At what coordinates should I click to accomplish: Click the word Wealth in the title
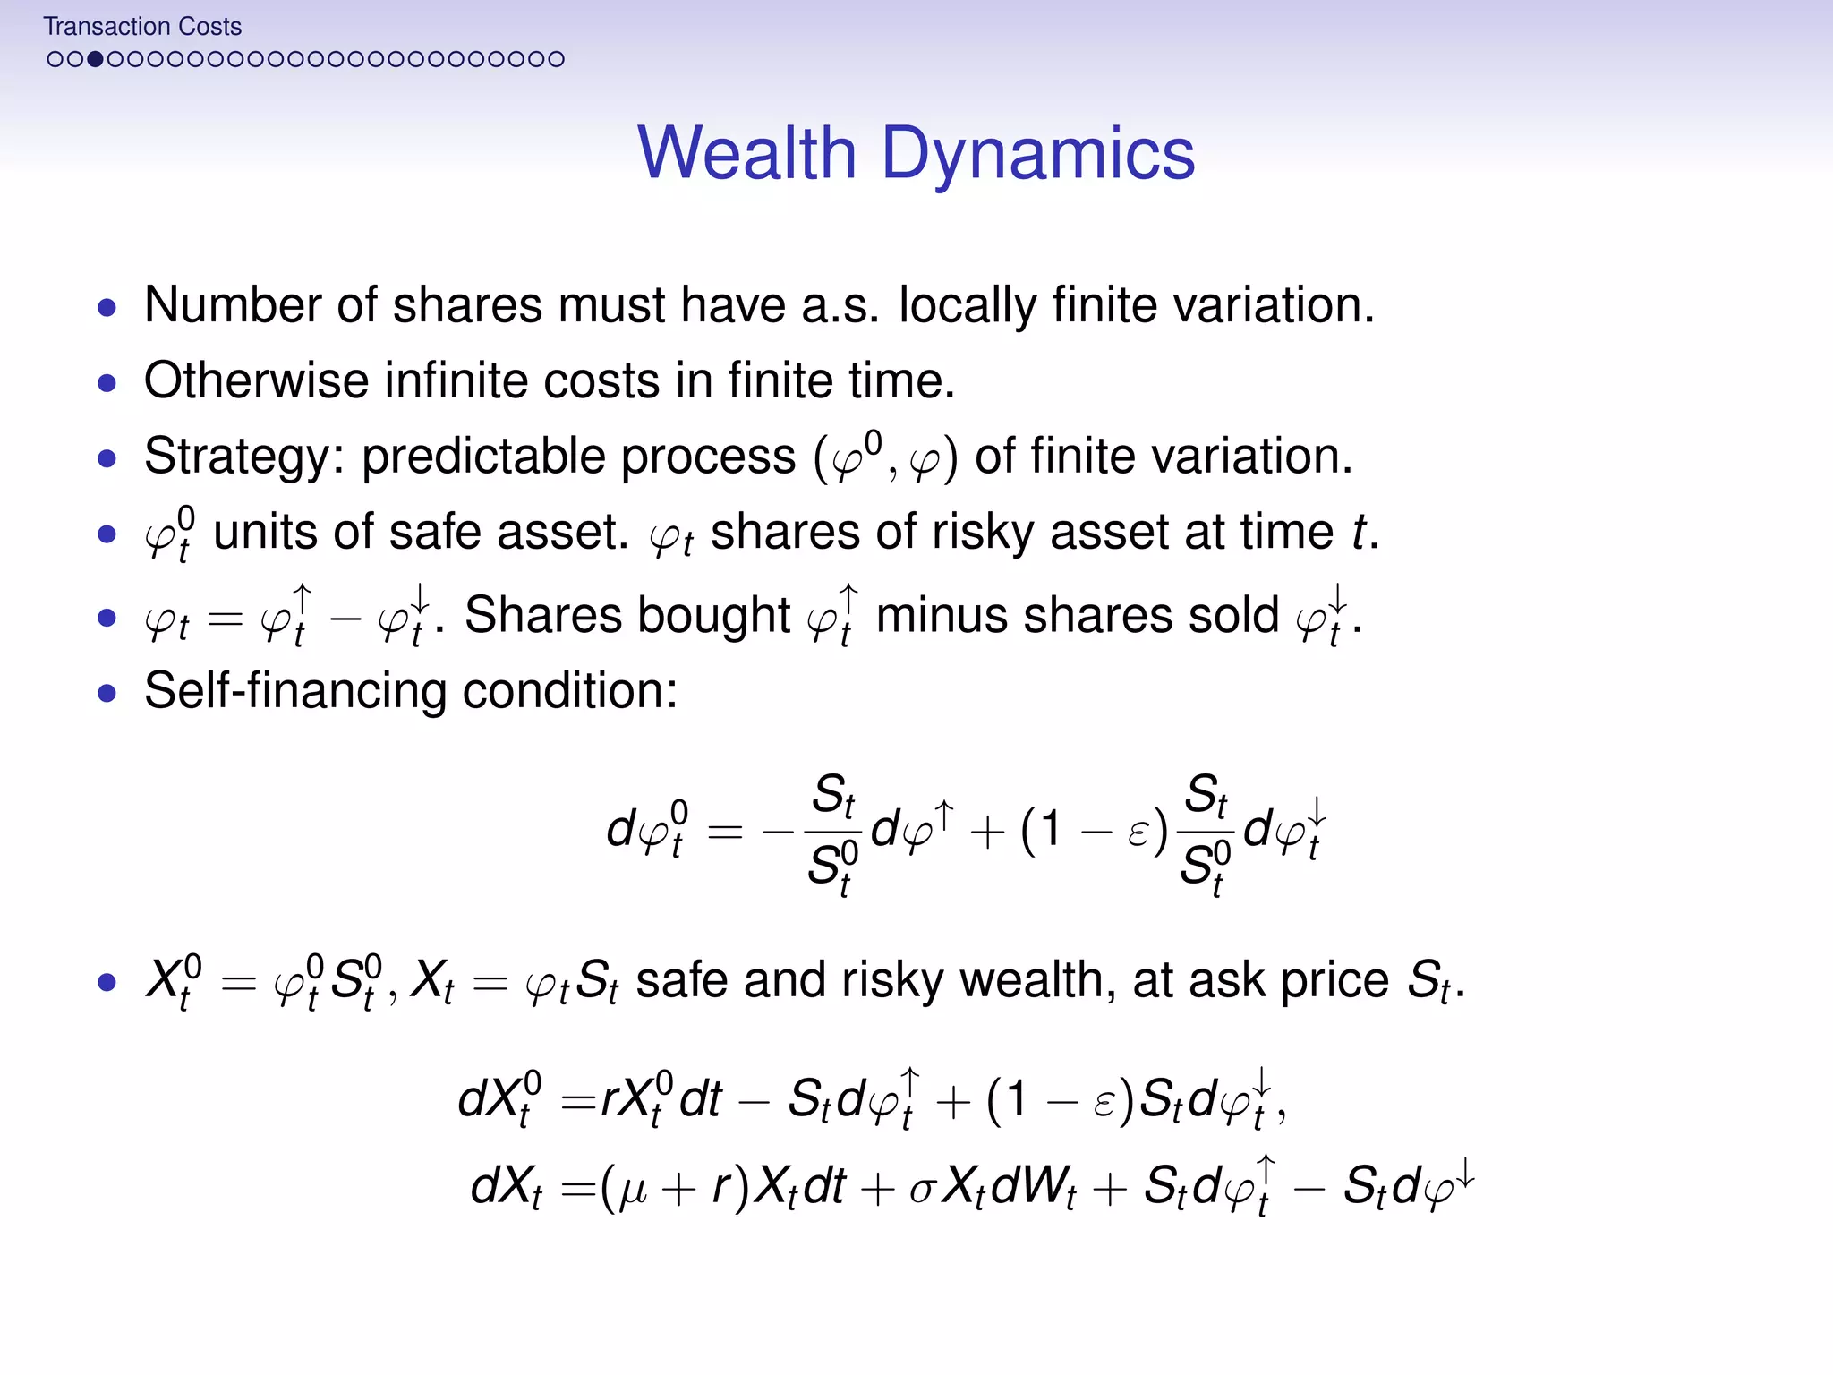click(746, 153)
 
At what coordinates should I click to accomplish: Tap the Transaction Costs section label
click(142, 27)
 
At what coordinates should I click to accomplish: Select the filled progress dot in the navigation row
click(95, 59)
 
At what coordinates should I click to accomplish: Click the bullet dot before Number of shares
click(107, 308)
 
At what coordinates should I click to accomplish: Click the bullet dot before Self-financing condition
click(107, 693)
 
